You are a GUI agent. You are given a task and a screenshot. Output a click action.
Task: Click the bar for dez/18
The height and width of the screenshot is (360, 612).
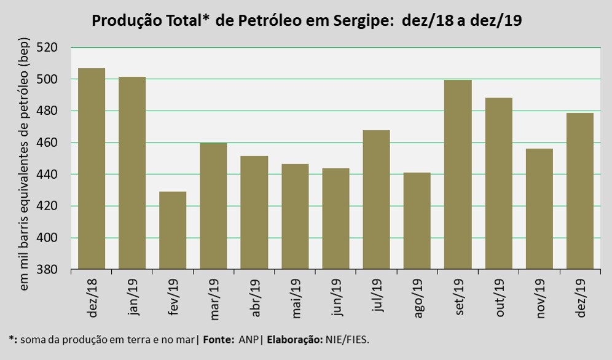point(92,168)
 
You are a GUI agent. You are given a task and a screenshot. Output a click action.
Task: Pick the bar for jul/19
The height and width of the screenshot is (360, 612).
point(376,200)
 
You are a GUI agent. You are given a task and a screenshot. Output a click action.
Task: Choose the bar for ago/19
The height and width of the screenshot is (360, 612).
point(417,221)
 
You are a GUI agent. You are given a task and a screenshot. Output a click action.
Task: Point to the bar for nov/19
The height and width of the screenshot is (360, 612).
point(539,209)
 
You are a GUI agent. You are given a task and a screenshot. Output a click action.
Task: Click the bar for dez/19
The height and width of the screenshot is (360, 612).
point(579,191)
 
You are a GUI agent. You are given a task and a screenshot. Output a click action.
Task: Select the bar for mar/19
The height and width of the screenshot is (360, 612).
point(213,206)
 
